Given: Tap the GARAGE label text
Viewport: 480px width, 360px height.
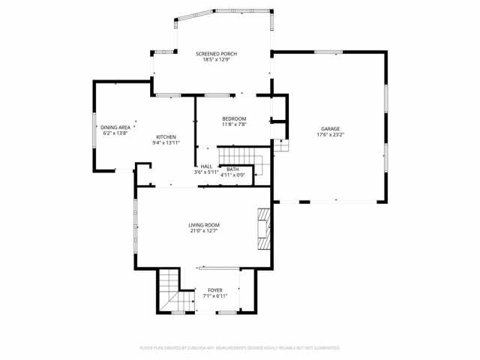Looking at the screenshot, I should pos(330,129).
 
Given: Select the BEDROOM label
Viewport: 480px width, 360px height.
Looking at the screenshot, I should pos(234,119).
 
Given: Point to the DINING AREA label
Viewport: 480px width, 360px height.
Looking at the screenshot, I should pos(115,127).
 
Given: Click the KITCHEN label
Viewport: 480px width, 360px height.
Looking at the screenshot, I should pos(166,136).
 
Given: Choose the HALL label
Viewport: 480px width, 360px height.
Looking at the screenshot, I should pos(206,166).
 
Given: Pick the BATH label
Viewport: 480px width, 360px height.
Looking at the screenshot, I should pos(232,169).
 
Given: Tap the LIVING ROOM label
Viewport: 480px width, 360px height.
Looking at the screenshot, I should pos(203,225).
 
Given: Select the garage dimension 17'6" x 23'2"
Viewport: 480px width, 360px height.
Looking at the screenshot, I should pos(330,136).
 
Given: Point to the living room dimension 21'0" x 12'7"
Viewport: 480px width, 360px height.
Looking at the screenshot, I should pos(203,231).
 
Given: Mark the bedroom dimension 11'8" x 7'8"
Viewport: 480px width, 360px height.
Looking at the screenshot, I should pos(234,125).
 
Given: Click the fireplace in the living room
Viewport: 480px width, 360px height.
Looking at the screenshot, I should pos(263,228).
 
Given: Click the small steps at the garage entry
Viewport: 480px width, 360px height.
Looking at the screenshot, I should pos(280,145).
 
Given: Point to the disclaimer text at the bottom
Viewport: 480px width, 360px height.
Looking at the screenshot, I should pos(240,348).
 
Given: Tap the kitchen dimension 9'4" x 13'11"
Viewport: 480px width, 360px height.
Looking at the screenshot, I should pos(166,142).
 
